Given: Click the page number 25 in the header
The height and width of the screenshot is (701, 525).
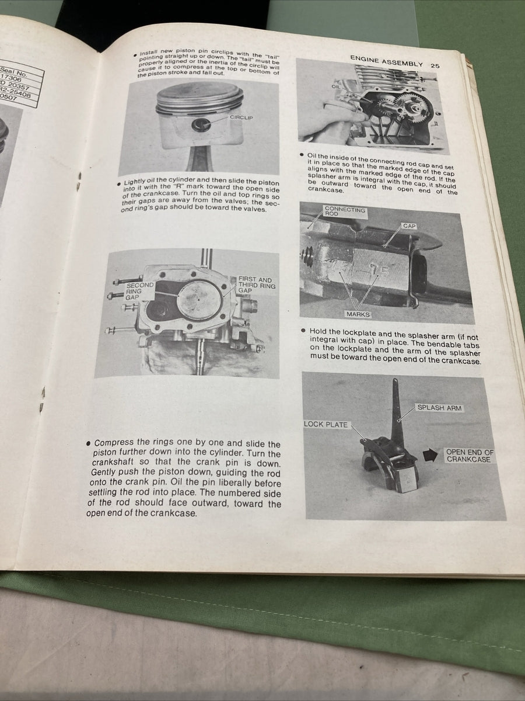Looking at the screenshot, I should click(x=435, y=65).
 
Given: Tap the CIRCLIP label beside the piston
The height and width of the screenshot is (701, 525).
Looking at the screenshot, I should click(x=241, y=118).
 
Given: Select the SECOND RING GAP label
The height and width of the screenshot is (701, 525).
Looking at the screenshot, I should click(x=139, y=291).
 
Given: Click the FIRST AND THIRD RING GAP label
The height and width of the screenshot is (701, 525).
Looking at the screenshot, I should click(x=255, y=284).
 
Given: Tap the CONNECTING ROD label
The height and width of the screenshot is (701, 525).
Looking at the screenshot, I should click(x=344, y=211).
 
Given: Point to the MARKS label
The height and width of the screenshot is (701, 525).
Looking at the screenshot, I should click(x=358, y=314).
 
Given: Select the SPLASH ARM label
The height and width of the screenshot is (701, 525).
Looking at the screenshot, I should click(x=439, y=408).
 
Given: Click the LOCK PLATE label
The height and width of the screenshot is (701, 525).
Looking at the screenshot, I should click(x=325, y=424).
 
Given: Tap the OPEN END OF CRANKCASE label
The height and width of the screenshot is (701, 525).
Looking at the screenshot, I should click(x=470, y=456).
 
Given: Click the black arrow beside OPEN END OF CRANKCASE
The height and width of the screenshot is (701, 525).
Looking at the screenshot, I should click(x=430, y=455).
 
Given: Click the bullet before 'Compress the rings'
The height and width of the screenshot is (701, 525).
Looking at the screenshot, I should click(x=87, y=443).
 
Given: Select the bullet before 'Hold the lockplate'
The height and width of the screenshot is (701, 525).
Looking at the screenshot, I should click(x=303, y=331).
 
